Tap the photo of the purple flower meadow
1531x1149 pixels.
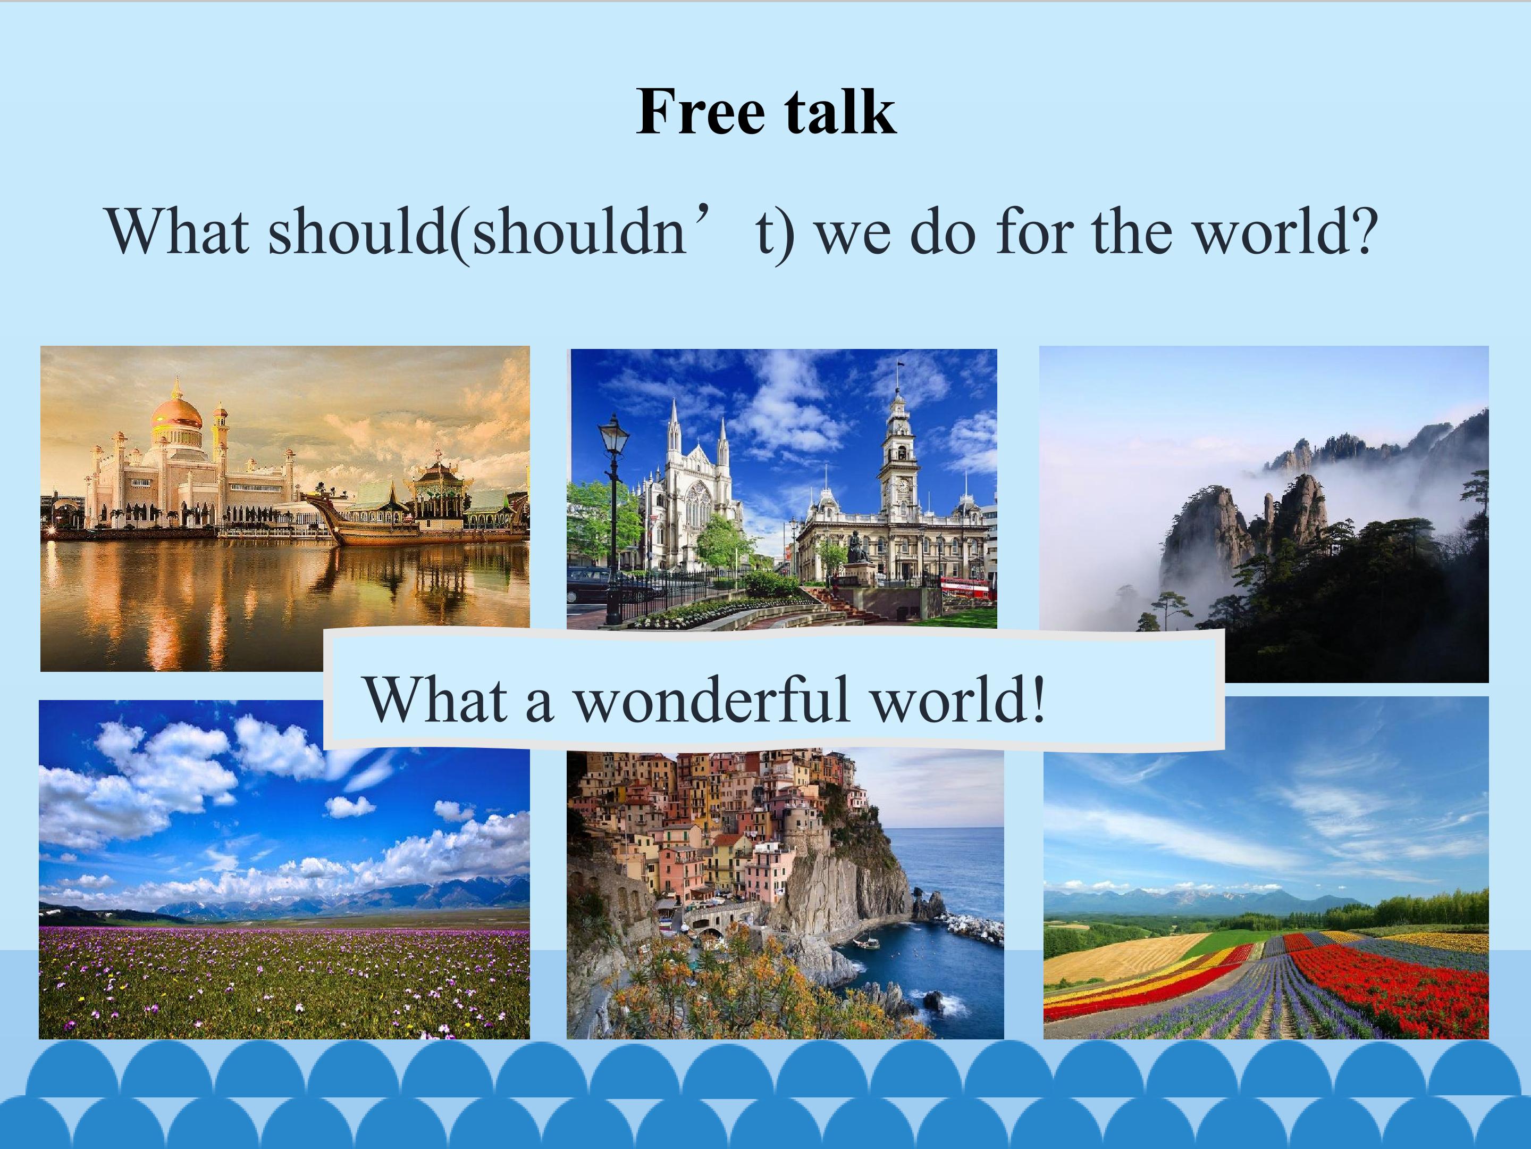284,869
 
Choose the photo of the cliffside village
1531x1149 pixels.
785,894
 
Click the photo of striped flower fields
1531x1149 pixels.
1266,868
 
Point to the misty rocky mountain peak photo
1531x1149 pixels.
1264,514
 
